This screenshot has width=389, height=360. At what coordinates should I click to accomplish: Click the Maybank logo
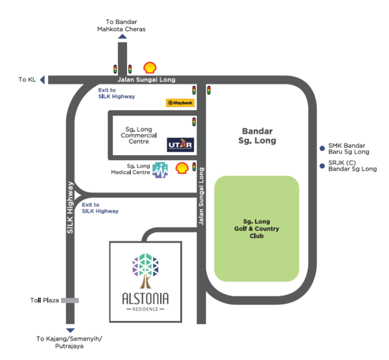pyautogui.click(x=180, y=102)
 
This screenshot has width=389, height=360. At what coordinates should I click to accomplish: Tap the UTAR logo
pyautogui.click(x=180, y=143)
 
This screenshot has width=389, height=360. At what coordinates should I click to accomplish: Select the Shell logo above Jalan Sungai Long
pyautogui.click(x=150, y=67)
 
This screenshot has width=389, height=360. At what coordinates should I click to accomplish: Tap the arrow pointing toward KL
pyautogui.click(x=43, y=80)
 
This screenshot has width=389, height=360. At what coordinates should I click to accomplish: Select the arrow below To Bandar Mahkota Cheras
pyautogui.click(x=122, y=38)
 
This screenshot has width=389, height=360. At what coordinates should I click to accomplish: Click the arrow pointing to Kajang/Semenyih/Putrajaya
pyautogui.click(x=70, y=330)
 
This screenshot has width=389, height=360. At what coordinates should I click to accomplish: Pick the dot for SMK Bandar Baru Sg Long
pyautogui.click(x=322, y=147)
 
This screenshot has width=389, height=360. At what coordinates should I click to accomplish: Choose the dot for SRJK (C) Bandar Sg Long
pyautogui.click(x=322, y=165)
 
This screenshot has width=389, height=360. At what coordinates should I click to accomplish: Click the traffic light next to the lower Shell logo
pyautogui.click(x=194, y=167)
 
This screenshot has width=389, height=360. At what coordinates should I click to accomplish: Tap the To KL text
pyautogui.click(x=28, y=80)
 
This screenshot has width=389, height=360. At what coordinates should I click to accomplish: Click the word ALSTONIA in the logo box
pyautogui.click(x=145, y=300)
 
